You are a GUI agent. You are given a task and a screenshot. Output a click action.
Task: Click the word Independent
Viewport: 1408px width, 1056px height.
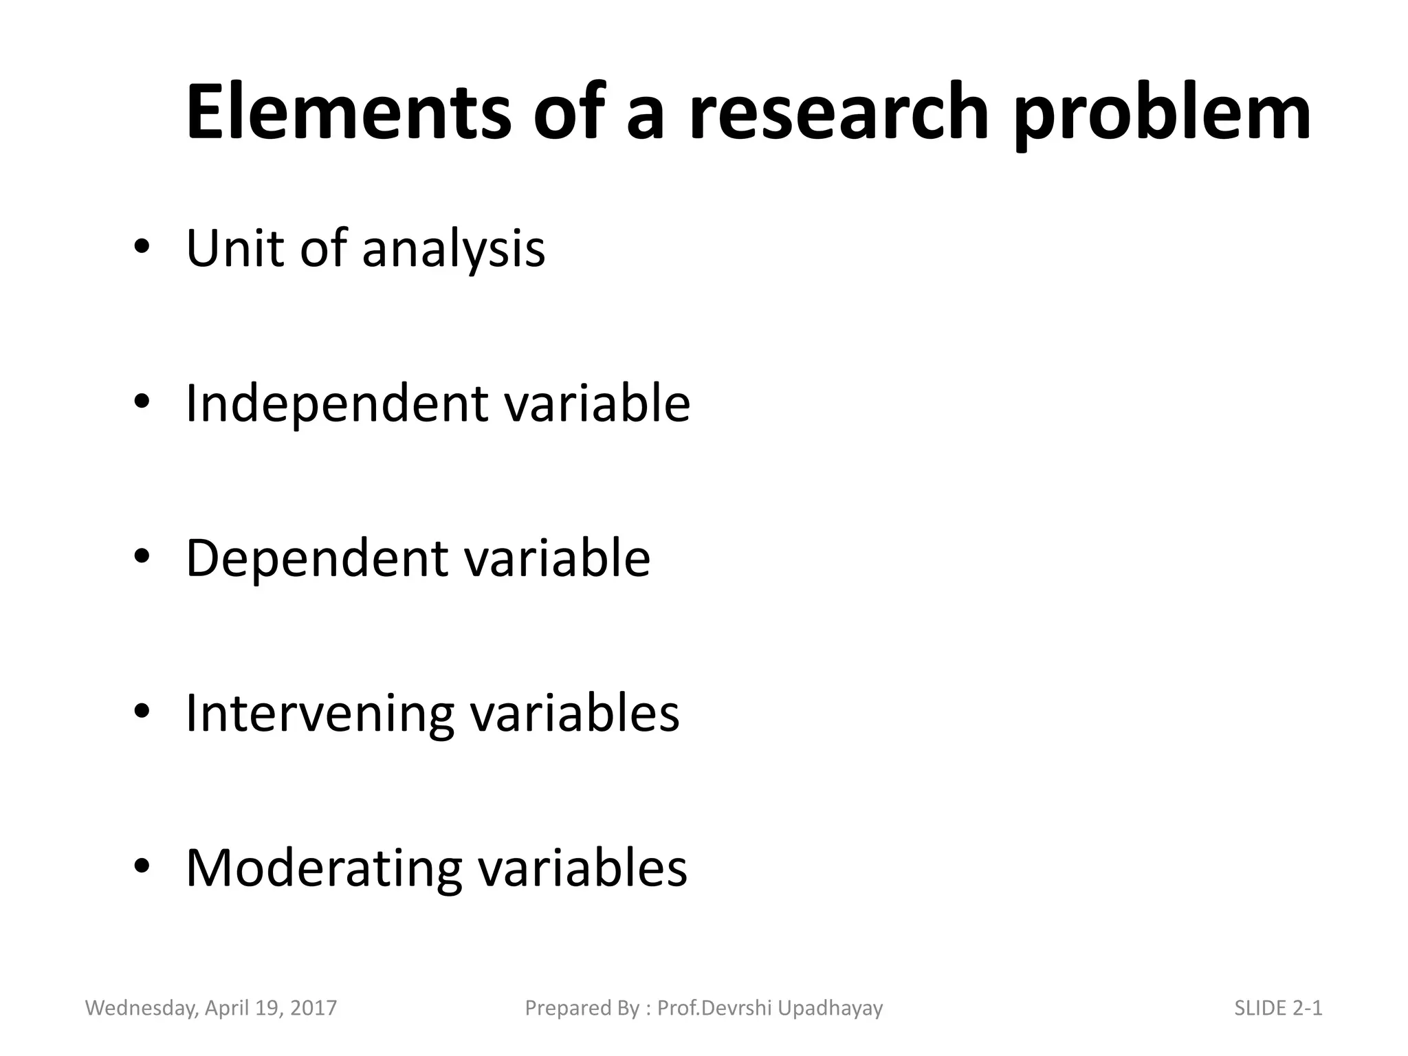(337, 404)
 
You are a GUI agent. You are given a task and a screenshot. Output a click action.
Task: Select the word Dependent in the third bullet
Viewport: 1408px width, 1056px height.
(316, 558)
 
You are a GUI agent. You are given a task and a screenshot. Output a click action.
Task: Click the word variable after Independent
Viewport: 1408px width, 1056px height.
(597, 403)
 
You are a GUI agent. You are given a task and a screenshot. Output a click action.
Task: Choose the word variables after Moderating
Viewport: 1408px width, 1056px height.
(582, 868)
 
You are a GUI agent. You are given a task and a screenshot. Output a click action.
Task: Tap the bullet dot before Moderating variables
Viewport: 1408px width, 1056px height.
(142, 867)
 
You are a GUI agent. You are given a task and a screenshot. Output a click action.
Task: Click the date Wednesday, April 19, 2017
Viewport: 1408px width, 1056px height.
(211, 1009)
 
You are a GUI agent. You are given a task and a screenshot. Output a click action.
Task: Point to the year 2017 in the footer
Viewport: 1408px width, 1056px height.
(313, 1008)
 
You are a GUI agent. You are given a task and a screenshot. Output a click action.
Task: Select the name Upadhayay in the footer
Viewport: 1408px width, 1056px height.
(830, 1009)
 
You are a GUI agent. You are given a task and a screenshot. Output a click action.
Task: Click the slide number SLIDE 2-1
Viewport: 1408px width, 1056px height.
(1278, 1008)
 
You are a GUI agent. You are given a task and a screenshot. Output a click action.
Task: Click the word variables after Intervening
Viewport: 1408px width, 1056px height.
(575, 714)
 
